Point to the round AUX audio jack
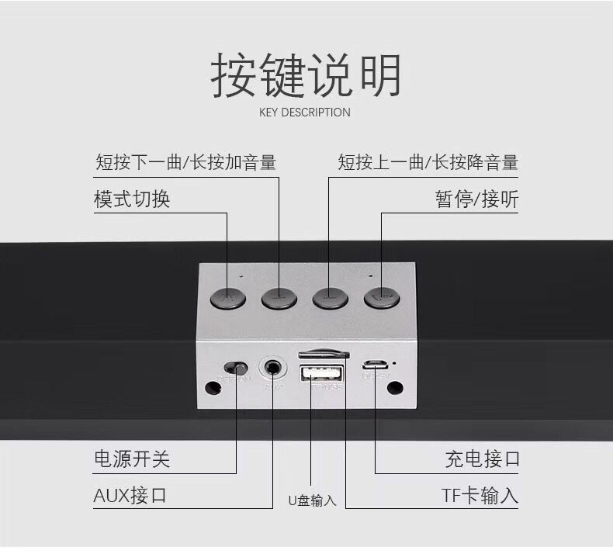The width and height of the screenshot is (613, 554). [273, 365]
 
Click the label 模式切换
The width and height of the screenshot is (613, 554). [132, 199]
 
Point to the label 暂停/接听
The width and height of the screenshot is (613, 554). [476, 199]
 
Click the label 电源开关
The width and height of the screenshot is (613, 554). [131, 459]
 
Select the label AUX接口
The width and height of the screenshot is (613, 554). [130, 495]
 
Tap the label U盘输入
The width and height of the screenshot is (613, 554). [312, 500]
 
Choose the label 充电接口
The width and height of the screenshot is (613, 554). [482, 459]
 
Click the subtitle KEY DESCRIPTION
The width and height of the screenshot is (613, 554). [304, 113]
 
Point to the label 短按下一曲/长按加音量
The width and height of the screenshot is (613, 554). [185, 162]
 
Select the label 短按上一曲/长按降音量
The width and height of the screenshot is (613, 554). [428, 162]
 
